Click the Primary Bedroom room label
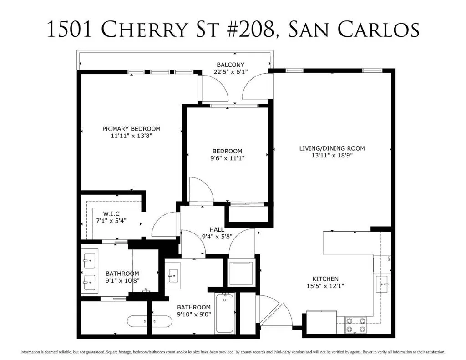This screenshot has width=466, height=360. [x=132, y=129]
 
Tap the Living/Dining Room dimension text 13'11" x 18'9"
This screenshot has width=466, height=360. [x=332, y=156]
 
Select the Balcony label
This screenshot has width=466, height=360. [x=230, y=65]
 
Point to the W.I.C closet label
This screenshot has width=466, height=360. [x=111, y=214]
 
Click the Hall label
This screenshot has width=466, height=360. [x=217, y=229]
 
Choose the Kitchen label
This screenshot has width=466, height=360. [x=325, y=279]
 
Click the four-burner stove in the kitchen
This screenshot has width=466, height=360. [x=356, y=325]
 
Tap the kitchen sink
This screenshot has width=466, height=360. [x=382, y=284]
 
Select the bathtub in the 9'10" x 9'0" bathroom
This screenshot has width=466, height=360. [x=224, y=313]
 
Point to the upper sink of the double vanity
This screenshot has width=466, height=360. [x=90, y=261]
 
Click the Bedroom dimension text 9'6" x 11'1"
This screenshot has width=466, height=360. [x=228, y=158]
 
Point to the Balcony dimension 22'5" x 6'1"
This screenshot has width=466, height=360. [x=231, y=72]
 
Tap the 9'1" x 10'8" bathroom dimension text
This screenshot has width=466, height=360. [x=122, y=281]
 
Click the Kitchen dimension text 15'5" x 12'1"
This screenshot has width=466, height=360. [x=325, y=286]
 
